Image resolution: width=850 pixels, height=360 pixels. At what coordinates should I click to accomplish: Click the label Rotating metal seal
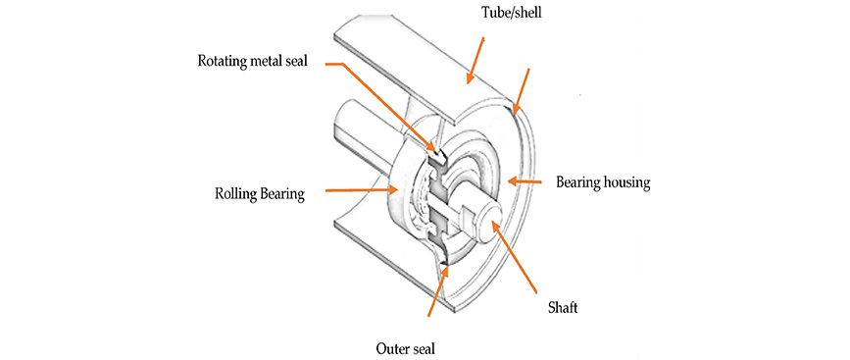pos(252,60)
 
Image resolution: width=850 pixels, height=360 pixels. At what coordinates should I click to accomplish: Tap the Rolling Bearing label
pos(259,194)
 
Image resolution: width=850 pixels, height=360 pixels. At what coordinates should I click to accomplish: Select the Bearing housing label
pos(603,182)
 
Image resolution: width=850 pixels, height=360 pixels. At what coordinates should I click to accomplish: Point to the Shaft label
pos(562,307)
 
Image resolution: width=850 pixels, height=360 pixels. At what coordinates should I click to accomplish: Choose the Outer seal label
pos(406,348)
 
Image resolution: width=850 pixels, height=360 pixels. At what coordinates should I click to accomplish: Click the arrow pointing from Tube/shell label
pos(475,60)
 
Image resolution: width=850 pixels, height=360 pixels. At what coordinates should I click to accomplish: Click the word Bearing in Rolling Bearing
pos(280,194)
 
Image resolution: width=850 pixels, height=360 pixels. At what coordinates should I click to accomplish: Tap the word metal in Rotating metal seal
pos(268,60)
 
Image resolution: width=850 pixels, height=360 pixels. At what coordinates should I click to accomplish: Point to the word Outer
pos(391,348)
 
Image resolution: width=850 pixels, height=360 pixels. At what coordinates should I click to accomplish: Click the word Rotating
pos(223,61)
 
